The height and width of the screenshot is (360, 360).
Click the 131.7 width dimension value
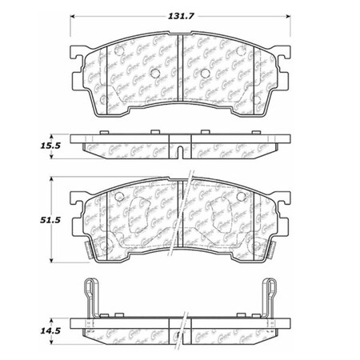pyautogui.click(x=180, y=11)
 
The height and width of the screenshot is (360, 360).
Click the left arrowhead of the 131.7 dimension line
pyautogui.click(x=74, y=18)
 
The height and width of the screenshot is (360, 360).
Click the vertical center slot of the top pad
pyautogui.click(x=180, y=73)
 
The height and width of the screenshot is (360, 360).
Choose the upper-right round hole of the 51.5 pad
pyautogui.click(x=243, y=197)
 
